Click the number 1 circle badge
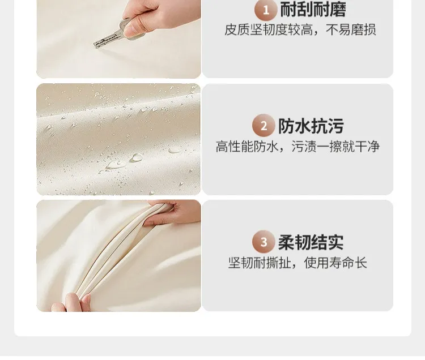click(x=266, y=10)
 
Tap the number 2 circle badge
click(x=263, y=126)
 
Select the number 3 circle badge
click(x=263, y=242)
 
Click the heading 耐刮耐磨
click(x=313, y=10)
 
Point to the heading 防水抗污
click(x=311, y=126)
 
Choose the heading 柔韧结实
click(x=311, y=242)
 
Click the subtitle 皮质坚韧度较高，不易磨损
click(x=300, y=30)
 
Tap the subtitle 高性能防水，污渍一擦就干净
click(x=297, y=147)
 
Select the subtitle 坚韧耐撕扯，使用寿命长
click(x=297, y=263)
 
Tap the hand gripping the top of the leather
click(x=173, y=212)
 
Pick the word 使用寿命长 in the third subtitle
click(x=335, y=263)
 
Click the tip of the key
click(x=95, y=45)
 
